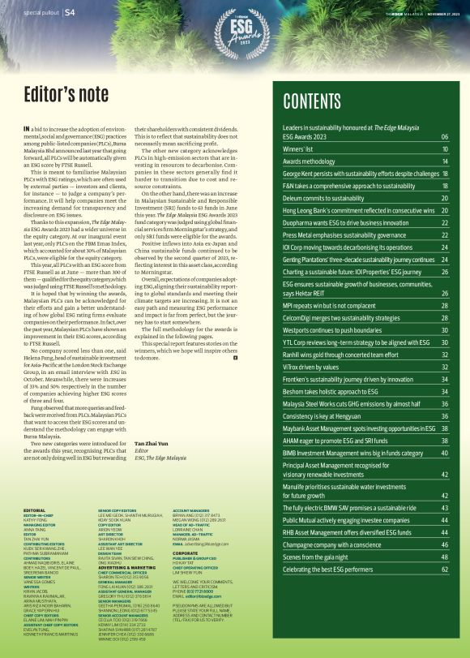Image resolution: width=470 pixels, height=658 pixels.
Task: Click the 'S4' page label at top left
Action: (70, 12)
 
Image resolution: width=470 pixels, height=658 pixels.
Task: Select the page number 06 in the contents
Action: (445, 138)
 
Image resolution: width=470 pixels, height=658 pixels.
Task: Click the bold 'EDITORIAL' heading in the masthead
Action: (35, 510)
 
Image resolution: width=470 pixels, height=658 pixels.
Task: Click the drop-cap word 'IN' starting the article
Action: (28, 129)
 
